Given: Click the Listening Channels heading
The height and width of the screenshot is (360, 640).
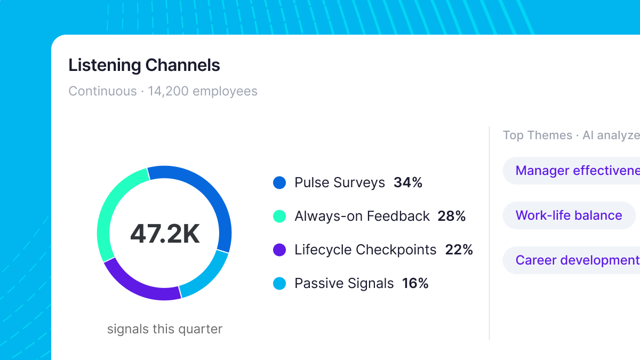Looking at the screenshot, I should (144, 65).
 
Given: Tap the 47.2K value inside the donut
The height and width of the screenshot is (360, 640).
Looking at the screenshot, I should (165, 234).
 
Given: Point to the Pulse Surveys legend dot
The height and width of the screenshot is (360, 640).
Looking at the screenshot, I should (279, 183).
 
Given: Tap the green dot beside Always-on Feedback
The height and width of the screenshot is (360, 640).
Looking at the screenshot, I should (279, 216).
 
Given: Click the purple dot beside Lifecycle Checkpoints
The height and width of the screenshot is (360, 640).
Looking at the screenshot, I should (279, 250).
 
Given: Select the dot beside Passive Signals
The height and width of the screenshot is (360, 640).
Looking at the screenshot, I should (279, 283).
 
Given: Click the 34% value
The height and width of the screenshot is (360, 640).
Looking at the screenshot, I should (408, 183).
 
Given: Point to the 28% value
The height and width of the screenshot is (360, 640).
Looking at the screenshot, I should (452, 216).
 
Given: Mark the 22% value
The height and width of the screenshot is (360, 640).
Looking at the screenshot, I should (459, 250).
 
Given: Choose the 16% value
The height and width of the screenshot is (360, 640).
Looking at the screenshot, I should (415, 283).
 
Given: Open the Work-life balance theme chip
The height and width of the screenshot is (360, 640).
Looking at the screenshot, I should (569, 215).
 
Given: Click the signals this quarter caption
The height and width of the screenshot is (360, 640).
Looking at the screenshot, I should (165, 329).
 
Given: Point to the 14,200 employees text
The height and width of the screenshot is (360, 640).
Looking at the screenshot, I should (203, 91).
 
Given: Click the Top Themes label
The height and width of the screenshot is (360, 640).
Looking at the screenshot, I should (537, 135).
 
